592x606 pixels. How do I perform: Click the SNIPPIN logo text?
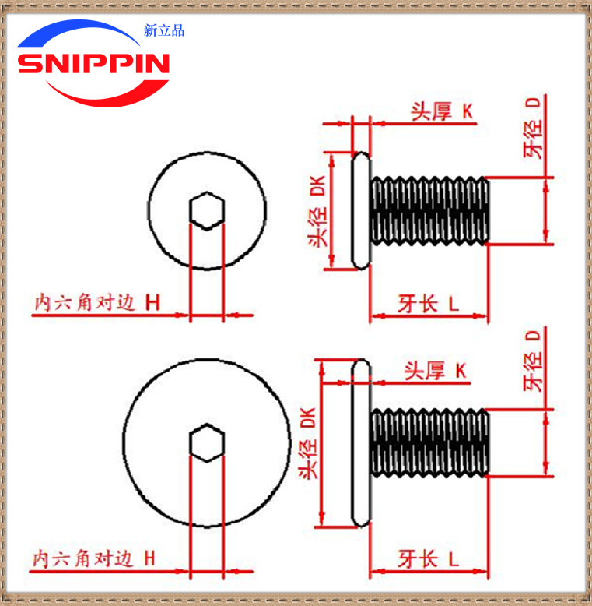click(93, 64)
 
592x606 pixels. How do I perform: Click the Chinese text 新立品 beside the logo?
click(164, 31)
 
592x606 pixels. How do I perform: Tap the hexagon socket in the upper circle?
click(208, 210)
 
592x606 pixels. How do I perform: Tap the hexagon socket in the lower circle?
click(207, 443)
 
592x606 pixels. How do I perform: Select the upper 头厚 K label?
click(442, 111)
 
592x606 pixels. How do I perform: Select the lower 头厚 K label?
click(435, 372)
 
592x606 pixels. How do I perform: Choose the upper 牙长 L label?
click(428, 303)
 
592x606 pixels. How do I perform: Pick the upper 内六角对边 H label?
click(96, 302)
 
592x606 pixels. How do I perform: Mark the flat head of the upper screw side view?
click(361, 210)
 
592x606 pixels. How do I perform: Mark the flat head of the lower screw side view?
click(360, 442)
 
